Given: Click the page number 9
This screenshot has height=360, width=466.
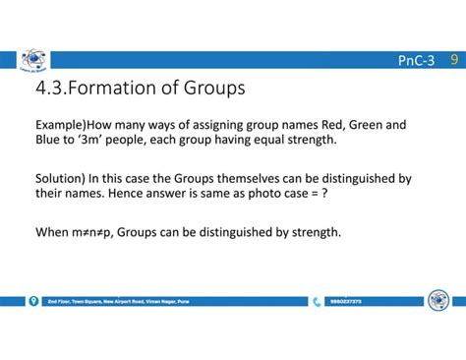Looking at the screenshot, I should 453,61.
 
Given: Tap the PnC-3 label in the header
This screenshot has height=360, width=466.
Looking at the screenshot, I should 416,62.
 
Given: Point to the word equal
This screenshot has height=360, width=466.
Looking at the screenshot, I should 264,141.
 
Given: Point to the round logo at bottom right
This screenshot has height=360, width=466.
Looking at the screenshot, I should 438,300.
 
